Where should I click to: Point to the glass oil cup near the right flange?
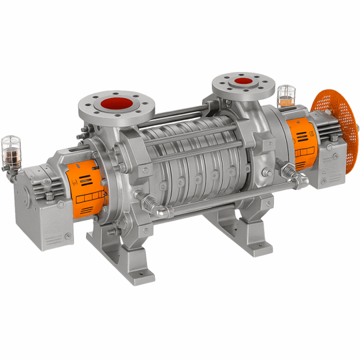[x=286, y=96]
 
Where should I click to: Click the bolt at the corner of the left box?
[x=67, y=236]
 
